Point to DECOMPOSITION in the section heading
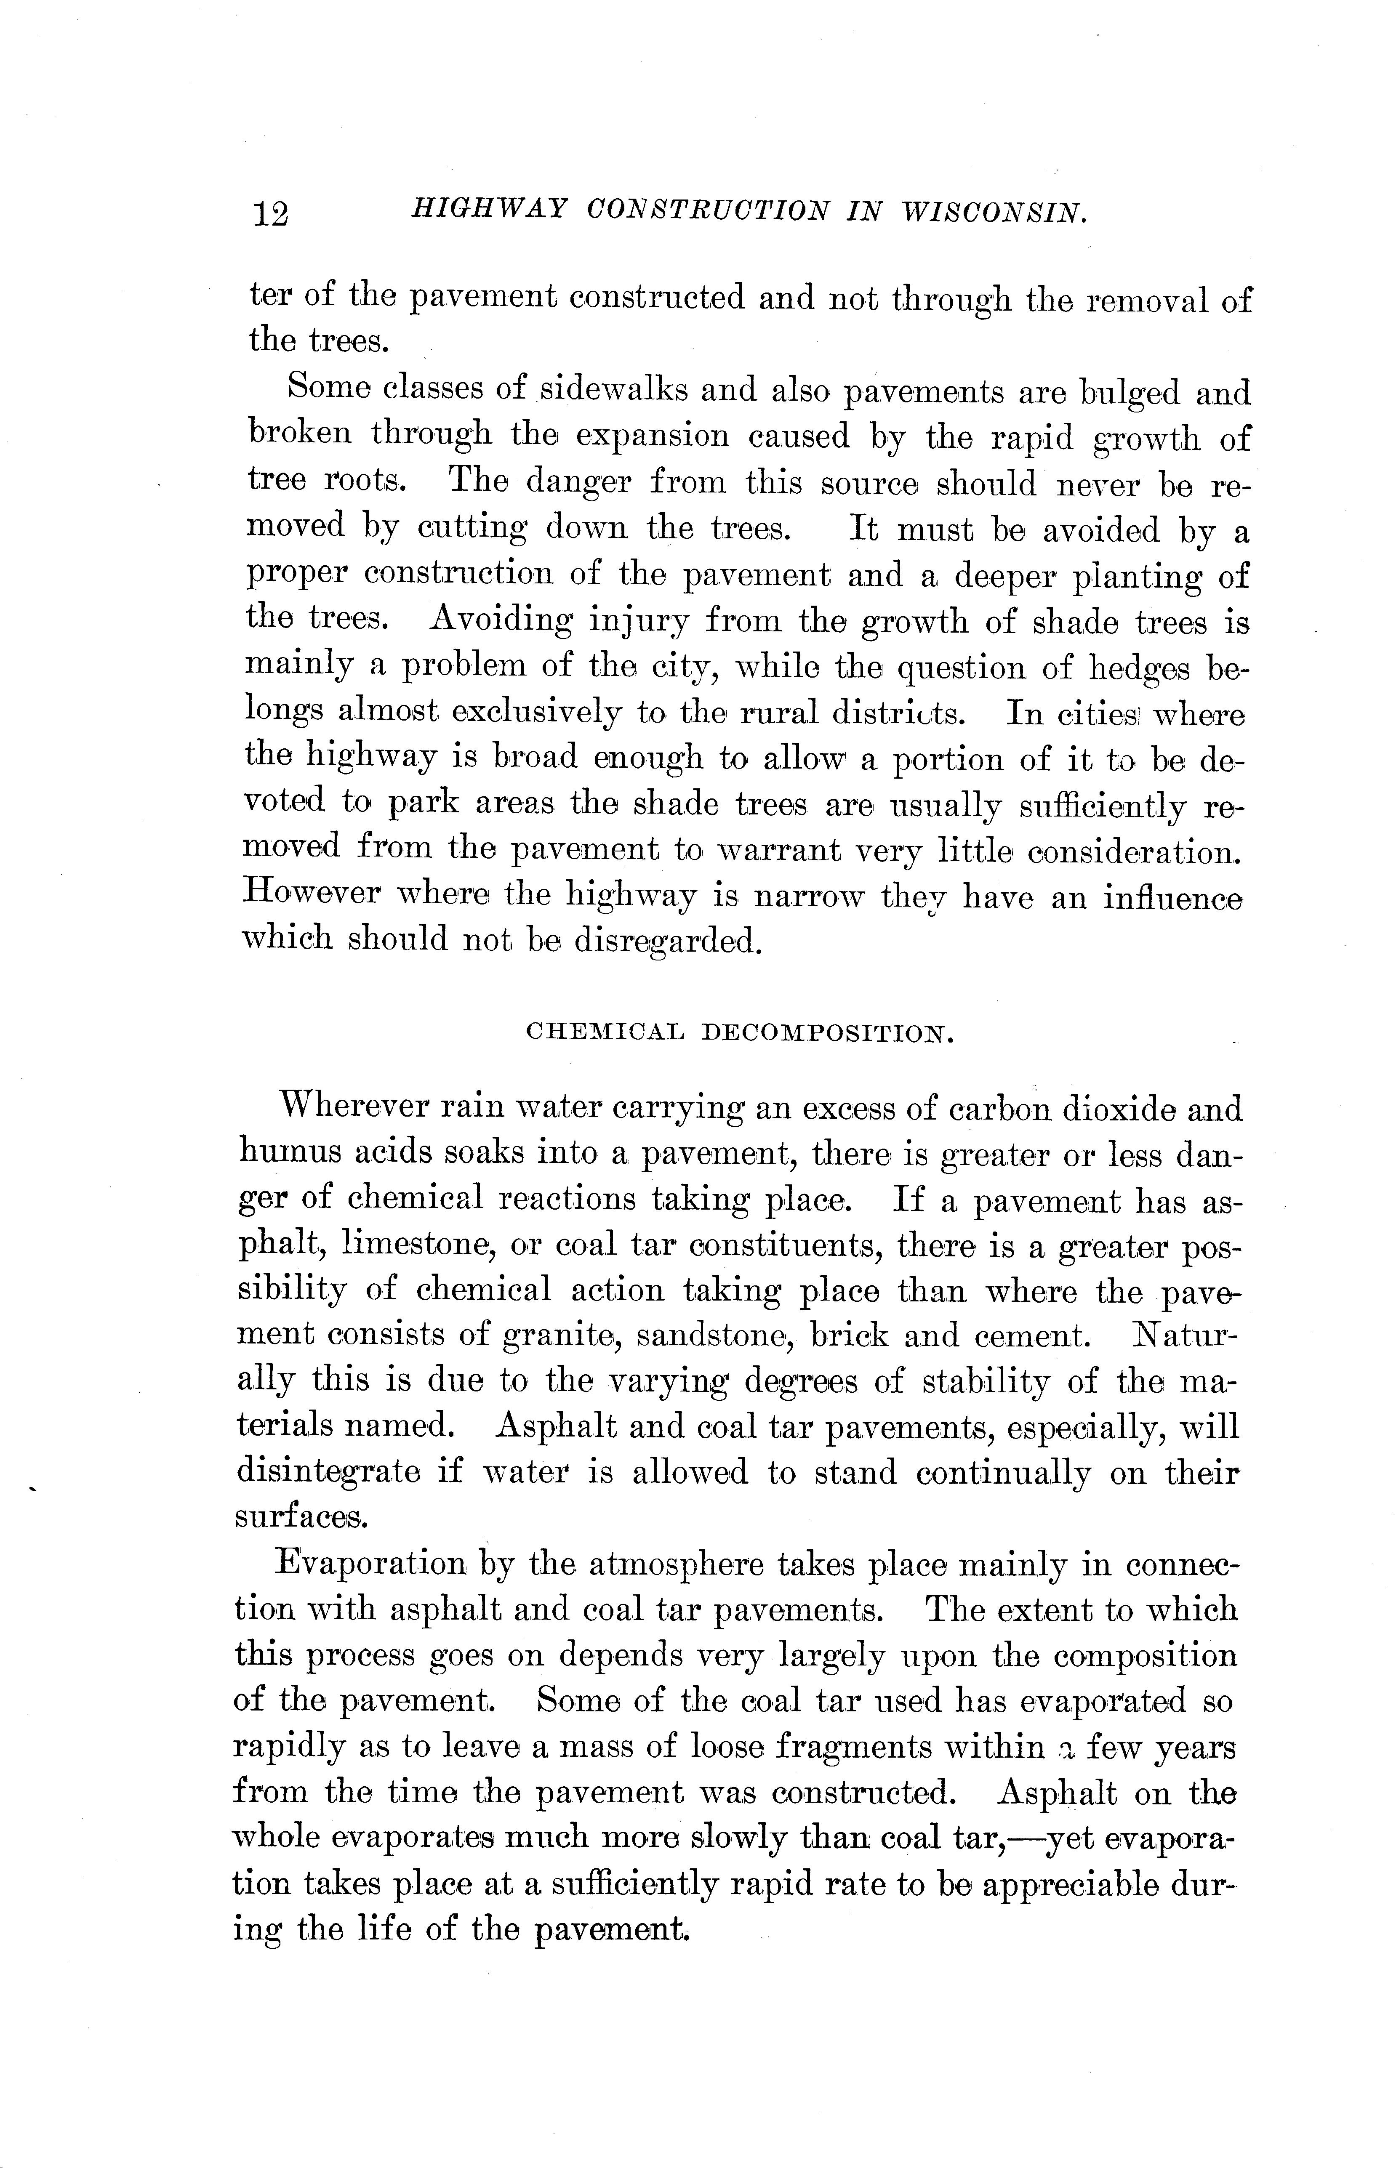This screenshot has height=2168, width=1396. [x=828, y=1032]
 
